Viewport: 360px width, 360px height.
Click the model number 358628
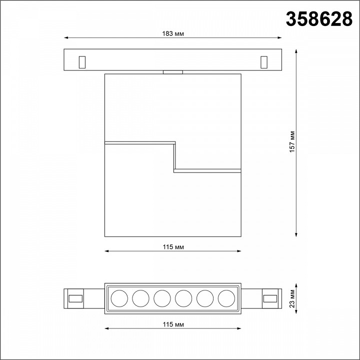(x=319, y=19)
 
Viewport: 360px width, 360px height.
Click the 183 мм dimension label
(x=173, y=34)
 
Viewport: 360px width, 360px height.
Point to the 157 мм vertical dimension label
(x=292, y=141)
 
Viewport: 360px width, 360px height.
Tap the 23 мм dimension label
(x=292, y=298)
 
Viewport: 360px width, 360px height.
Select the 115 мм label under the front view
(x=173, y=247)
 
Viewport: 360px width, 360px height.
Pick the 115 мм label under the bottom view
(x=173, y=324)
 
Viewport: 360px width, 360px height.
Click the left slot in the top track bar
(x=82, y=62)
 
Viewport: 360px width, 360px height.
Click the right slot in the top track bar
(x=264, y=62)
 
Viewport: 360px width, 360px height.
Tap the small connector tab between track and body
(x=173, y=72)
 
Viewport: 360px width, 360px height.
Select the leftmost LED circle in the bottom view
(x=119, y=298)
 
